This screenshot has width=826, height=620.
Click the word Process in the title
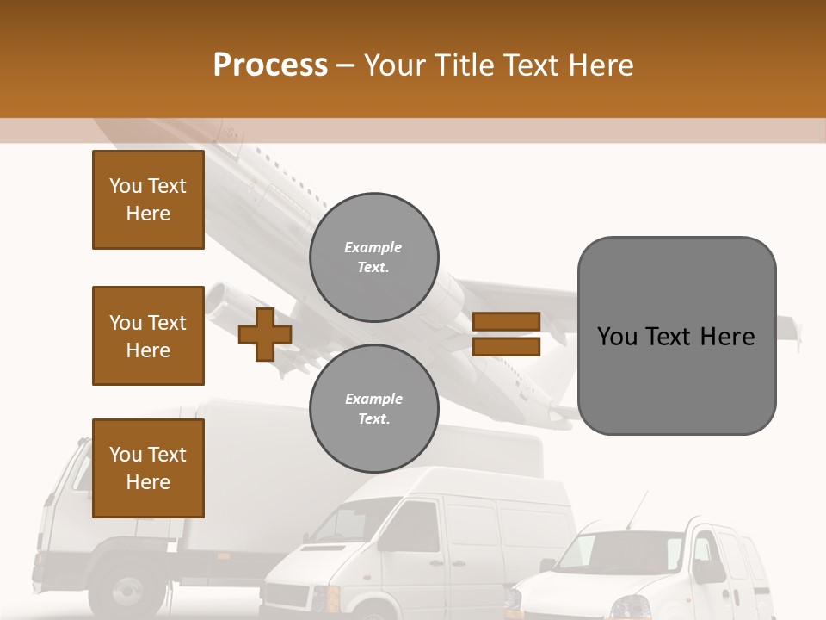pos(270,65)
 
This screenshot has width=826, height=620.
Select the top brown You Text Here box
pos(148,200)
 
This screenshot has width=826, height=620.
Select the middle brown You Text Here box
pos(148,336)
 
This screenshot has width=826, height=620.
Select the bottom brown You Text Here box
pos(148,468)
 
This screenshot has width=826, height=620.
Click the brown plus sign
pos(264,335)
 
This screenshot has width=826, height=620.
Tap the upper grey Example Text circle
pos(374,257)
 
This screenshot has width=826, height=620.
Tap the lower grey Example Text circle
pos(374,409)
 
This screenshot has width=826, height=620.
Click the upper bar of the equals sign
pos(506,321)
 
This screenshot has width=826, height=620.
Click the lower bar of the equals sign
pos(506,346)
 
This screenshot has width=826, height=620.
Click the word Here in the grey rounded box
pos(727,337)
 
